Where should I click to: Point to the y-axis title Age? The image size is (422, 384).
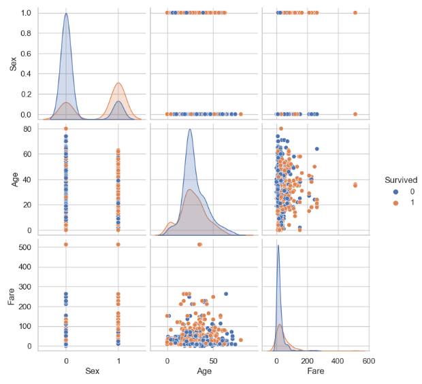pyautogui.click(x=12, y=179)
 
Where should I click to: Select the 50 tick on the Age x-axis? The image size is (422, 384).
pyautogui.click(x=213, y=360)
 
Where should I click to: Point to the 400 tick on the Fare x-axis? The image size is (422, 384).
pyautogui.click(x=337, y=360)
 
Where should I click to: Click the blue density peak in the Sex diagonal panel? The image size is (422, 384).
pyautogui.click(x=66, y=14)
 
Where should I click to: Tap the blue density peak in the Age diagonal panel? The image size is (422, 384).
pyautogui.click(x=190, y=130)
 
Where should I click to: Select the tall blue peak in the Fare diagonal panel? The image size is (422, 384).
pyautogui.click(x=278, y=245)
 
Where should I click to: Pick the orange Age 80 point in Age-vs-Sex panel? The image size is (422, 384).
pyautogui.click(x=66, y=128)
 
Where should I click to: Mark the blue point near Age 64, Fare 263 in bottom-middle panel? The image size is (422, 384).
pyautogui.click(x=226, y=294)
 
